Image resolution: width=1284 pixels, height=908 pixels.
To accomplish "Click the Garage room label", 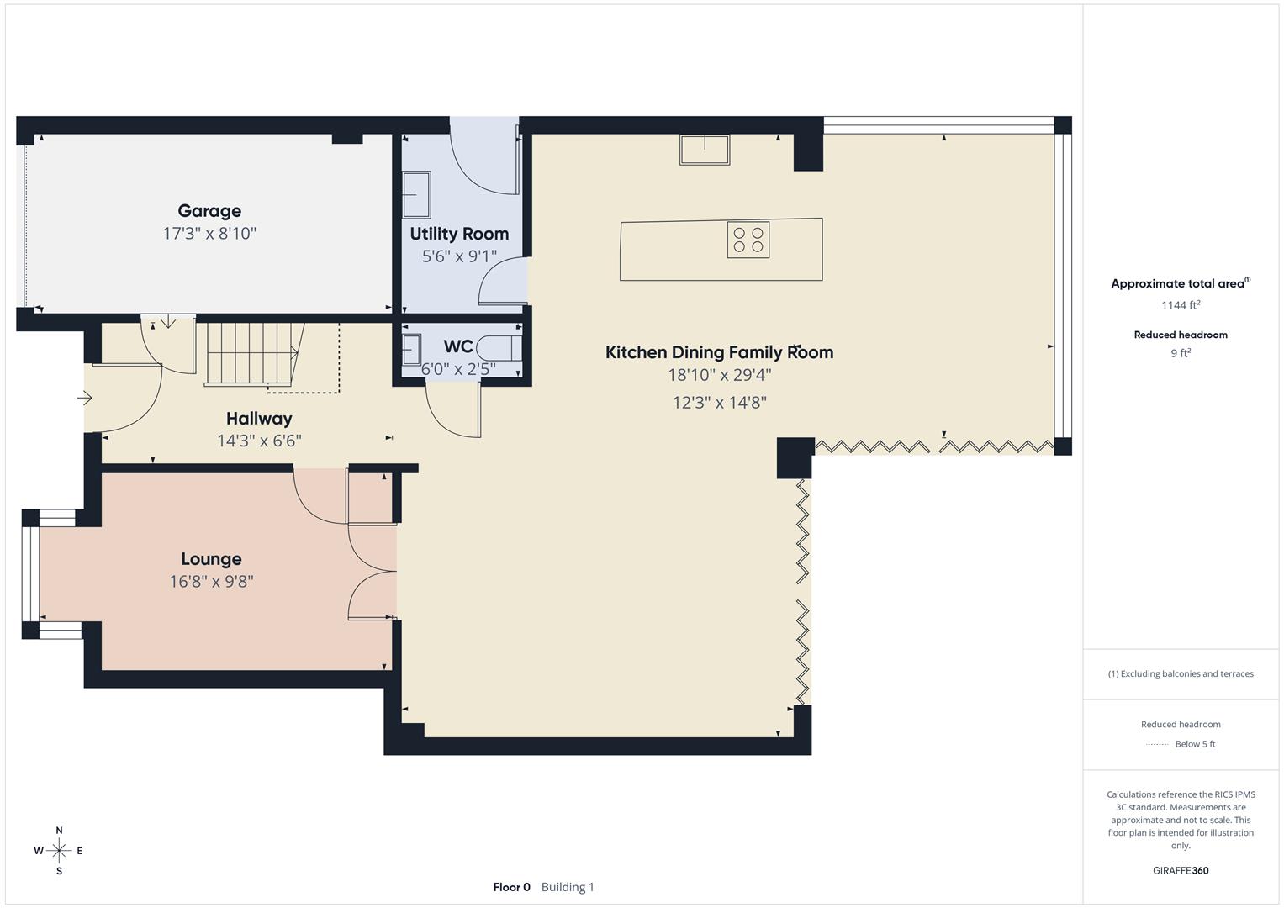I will coord(209,211).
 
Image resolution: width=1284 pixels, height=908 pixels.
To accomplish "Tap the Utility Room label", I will coord(459,234).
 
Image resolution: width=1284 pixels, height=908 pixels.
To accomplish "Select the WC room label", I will coord(458,346).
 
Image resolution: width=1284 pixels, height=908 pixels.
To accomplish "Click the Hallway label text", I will coord(259,418).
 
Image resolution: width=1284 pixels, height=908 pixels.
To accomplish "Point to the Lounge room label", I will coord(211,559).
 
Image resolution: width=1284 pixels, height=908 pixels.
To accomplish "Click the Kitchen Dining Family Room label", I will coord(719,352).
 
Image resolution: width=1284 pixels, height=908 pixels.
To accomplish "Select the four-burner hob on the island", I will coord(748,240).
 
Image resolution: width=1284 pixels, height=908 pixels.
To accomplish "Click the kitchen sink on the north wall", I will coord(704,150).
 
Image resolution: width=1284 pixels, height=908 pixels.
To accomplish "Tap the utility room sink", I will coord(416,194).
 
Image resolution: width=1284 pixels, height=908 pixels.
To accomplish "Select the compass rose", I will coord(59,851).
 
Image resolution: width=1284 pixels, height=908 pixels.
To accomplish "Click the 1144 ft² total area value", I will coord(1181,305).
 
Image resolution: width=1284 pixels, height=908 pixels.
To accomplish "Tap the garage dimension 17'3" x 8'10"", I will coord(209,234).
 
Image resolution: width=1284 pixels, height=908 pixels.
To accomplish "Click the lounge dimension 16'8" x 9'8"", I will coord(211,581).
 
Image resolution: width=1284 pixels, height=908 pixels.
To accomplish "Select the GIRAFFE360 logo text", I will coord(1181,870).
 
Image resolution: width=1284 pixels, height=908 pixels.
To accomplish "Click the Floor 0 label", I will coord(511,887).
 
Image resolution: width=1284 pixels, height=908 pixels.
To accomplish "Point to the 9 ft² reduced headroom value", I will coord(1181,353).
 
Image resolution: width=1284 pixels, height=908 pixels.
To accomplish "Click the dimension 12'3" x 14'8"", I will coord(719,403).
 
